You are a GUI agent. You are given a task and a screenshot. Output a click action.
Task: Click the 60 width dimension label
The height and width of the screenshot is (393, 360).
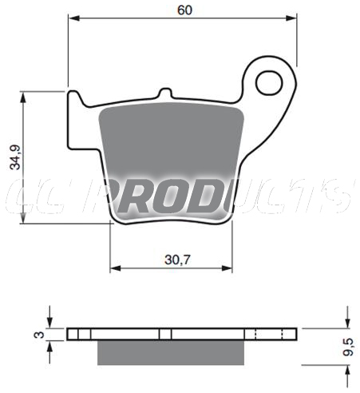pos(184,10)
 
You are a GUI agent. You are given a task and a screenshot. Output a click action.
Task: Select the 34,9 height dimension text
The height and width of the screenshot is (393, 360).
pos(15,157)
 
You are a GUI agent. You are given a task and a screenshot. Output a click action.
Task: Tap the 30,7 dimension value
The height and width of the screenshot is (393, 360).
pos(177,260)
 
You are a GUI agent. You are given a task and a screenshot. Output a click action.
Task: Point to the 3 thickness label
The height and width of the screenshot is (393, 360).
pos(39,335)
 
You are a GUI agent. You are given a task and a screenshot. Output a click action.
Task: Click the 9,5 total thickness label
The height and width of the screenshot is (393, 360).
pos(348,347)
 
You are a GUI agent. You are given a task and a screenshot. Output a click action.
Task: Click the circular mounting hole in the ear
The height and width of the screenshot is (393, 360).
pos(269,83)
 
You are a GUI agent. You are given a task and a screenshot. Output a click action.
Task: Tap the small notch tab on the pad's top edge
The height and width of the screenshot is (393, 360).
pos(165,93)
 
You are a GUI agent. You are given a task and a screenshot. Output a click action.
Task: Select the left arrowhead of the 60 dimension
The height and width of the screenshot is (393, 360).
pos(74,18)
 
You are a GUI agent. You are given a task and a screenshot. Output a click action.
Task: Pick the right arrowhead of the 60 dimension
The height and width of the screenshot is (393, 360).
pos(291,18)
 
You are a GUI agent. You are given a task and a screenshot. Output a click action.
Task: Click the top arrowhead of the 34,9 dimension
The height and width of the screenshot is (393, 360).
pos(23,97)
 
